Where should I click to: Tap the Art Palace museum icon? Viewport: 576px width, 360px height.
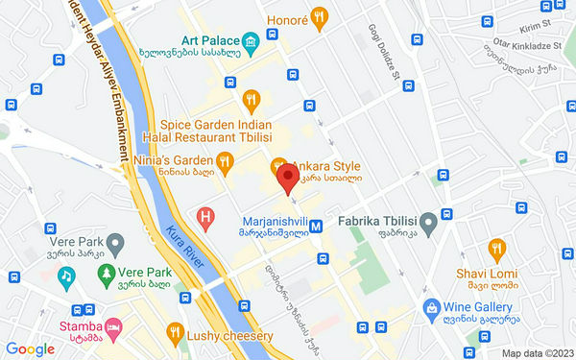tap(251, 41)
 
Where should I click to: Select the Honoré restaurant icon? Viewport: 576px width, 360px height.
tap(321, 15)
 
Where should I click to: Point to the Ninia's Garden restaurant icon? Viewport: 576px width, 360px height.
tap(224, 160)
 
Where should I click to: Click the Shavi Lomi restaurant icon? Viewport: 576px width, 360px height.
tap(496, 250)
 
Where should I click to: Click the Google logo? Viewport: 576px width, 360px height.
tap(30, 349)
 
